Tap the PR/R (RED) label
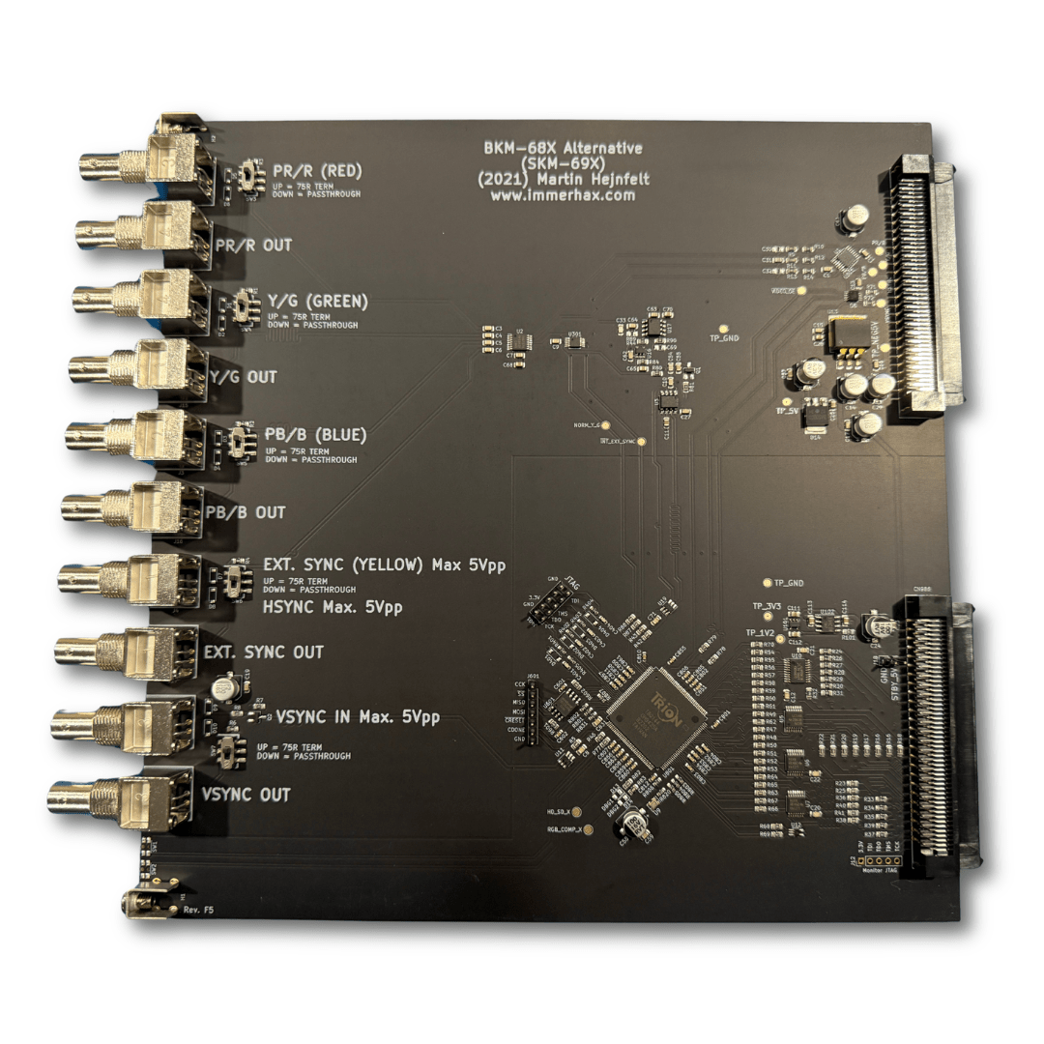point(317,172)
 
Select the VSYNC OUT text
point(246,795)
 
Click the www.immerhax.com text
point(563,194)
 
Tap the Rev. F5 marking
point(196,911)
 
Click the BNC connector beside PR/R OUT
point(145,232)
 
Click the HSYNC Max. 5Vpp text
point(333,608)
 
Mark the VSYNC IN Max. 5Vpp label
point(358,717)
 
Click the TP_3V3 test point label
point(766,605)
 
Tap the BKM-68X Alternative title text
point(563,148)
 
